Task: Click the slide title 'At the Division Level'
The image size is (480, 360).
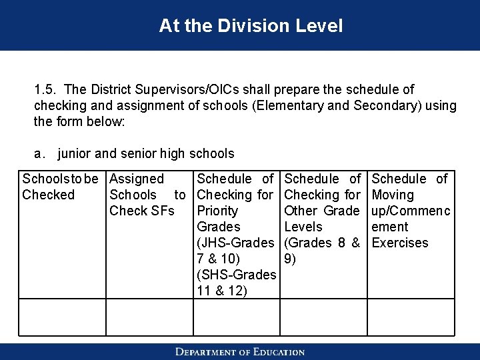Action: click(251, 26)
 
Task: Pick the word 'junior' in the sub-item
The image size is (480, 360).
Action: click(75, 154)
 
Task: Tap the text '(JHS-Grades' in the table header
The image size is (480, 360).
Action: click(235, 243)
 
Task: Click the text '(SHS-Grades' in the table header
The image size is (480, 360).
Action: click(235, 275)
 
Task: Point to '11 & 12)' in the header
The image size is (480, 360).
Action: click(221, 291)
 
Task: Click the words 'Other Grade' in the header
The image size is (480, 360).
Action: click(322, 211)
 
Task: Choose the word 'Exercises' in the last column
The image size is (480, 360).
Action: click(400, 243)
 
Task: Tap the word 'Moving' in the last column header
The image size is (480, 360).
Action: click(393, 195)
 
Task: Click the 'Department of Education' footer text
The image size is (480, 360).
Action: click(240, 351)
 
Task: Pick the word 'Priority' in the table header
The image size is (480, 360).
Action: click(218, 211)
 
